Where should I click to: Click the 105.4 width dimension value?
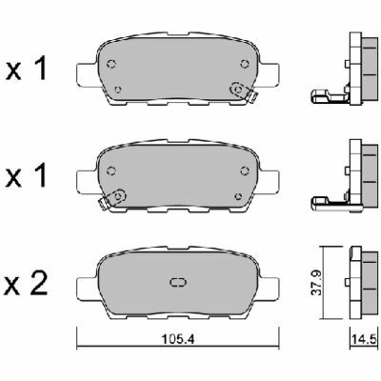click(x=178, y=339)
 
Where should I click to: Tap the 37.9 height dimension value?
click(x=317, y=283)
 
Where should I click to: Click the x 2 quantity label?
click(x=27, y=284)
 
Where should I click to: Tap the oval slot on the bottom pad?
click(x=178, y=282)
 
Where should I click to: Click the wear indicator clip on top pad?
click(x=244, y=92)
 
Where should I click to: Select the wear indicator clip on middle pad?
click(x=112, y=199)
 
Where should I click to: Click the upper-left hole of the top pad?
click(x=111, y=64)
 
